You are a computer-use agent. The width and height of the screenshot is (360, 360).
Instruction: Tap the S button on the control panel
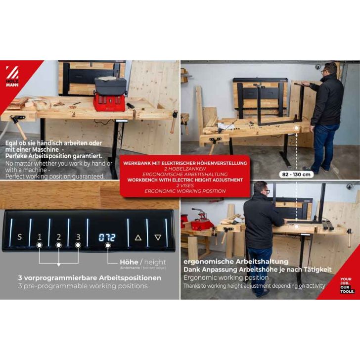click(20, 237)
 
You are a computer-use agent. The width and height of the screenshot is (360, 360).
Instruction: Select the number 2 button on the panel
click(58, 237)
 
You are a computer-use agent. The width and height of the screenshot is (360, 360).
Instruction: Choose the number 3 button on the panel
click(78, 237)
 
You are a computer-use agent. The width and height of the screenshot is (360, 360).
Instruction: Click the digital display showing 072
click(107, 237)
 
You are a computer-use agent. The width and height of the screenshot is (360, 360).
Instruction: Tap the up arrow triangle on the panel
click(138, 237)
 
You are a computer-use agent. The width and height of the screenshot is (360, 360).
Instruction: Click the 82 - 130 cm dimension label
click(296, 174)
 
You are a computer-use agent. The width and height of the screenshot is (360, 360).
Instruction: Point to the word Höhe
click(129, 262)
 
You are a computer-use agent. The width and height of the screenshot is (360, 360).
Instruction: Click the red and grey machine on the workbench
click(110, 93)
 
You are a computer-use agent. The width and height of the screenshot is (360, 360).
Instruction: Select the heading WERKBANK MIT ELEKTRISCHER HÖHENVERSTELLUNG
click(186, 163)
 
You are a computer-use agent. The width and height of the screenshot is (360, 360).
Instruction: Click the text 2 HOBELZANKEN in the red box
click(186, 169)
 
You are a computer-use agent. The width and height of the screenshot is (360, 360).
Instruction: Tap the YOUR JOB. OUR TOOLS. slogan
click(347, 285)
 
